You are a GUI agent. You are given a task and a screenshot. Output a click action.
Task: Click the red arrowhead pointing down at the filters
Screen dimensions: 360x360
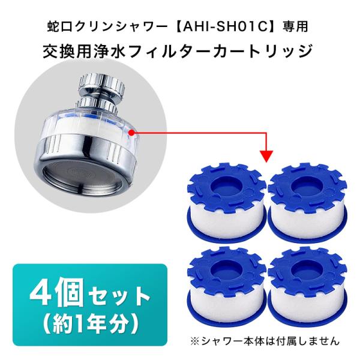tap(268, 155)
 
